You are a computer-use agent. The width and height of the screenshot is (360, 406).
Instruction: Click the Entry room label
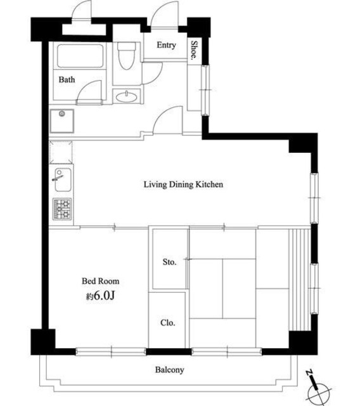click(166, 45)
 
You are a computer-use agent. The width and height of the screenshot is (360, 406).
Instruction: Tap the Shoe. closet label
click(194, 50)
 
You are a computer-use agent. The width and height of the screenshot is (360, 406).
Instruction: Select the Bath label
click(67, 79)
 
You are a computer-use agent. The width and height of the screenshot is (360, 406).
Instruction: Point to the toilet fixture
click(127, 55)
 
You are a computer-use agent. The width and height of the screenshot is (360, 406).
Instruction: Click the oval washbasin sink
click(127, 97)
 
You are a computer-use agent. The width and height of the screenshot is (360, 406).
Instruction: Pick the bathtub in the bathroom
click(80, 56)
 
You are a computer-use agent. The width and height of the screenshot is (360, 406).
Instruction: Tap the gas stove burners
click(62, 209)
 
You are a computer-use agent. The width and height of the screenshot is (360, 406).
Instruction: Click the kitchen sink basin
click(62, 180)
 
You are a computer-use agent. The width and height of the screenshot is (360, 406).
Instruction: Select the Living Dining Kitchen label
click(183, 185)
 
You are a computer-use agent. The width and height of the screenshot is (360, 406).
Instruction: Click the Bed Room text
click(101, 281)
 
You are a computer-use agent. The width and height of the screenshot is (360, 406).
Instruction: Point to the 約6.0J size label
click(100, 296)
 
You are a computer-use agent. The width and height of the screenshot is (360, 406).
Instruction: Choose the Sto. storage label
click(169, 262)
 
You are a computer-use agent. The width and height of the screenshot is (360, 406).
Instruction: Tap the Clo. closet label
click(168, 323)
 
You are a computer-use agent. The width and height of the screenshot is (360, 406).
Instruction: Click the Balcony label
click(170, 370)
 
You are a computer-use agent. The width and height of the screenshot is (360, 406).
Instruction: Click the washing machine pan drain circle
click(62, 114)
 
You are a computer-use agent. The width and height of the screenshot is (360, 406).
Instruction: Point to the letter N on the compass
click(309, 373)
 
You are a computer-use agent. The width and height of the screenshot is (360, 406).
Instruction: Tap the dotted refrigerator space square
click(61, 152)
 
